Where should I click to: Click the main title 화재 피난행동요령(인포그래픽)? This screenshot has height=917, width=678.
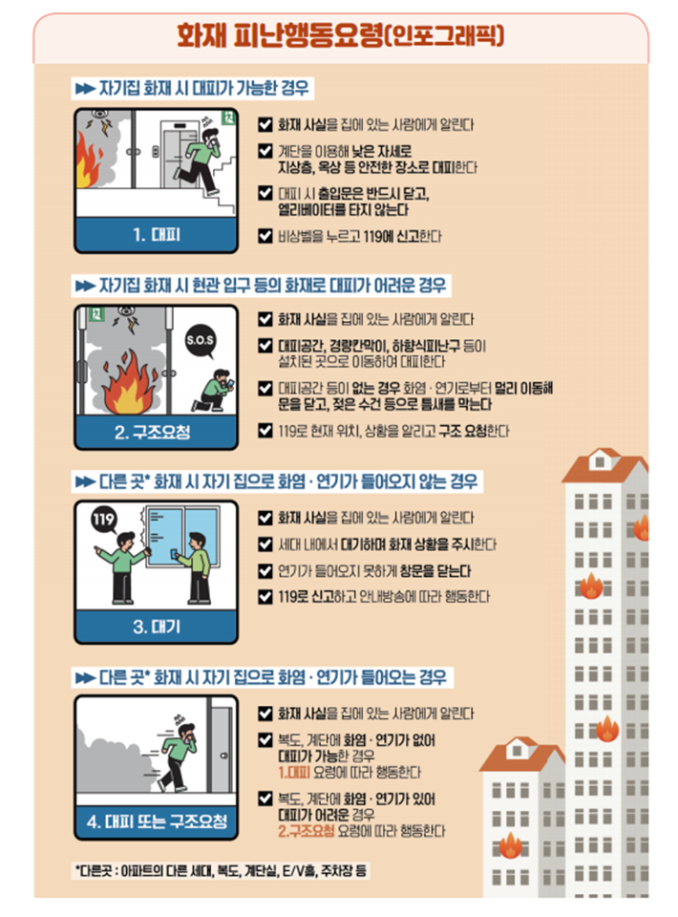coord(340,36)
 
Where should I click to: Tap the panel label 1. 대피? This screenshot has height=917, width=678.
coord(156,234)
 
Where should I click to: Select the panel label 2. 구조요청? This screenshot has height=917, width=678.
coord(156,432)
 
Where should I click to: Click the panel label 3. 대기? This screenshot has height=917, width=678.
coord(156,628)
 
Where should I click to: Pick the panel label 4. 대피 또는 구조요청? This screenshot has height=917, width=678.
coord(156,821)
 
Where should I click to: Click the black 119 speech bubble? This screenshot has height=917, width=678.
coord(104,521)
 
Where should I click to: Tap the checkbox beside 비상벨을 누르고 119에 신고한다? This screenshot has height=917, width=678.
coord(265,235)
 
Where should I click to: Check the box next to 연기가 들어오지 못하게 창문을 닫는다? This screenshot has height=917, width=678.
coord(265,571)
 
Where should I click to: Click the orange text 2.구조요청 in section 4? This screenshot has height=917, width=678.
coord(306,831)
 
